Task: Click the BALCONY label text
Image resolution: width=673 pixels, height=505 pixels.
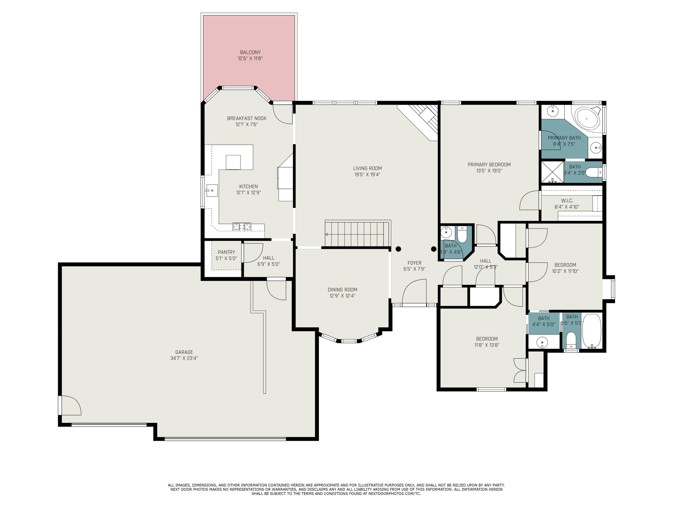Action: [x=250, y=52]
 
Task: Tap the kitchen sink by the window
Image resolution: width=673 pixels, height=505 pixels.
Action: [x=212, y=191]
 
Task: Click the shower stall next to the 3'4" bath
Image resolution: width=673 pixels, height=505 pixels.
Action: [x=552, y=172]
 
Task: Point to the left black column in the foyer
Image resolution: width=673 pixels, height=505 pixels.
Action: [x=398, y=249]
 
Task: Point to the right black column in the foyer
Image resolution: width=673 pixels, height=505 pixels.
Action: [x=434, y=249]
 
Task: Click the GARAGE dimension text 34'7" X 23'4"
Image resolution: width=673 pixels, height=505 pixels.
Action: [x=184, y=358]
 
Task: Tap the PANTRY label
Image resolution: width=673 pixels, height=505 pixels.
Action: [x=226, y=252]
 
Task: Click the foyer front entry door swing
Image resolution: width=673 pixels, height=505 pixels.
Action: [x=414, y=292]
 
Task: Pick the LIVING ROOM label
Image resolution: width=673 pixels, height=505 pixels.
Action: [x=367, y=168]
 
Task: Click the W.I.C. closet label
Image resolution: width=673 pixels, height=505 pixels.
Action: [x=567, y=201]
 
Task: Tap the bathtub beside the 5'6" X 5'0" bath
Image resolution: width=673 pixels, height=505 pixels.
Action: [x=592, y=331]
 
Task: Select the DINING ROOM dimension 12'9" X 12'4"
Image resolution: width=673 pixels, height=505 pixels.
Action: [x=342, y=296]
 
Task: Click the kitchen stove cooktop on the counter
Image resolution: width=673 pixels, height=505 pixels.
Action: [x=242, y=226]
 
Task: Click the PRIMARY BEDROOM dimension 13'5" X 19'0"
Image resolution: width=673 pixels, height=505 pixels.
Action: [x=489, y=171]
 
